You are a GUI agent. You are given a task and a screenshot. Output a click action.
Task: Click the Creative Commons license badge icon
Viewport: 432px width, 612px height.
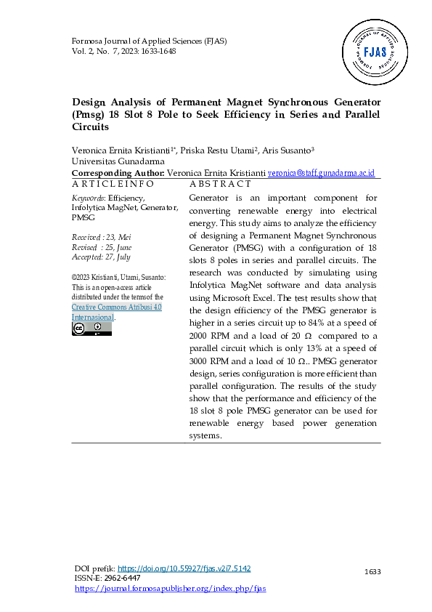91,329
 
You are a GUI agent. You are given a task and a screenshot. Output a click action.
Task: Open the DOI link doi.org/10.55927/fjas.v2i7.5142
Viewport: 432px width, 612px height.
184,568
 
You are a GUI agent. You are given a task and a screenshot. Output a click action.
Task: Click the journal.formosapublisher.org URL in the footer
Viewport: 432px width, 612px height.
171,588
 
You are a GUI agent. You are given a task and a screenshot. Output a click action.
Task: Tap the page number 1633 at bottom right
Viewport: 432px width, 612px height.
372,572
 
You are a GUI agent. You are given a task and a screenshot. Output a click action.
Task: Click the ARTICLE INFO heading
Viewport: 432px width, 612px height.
113,184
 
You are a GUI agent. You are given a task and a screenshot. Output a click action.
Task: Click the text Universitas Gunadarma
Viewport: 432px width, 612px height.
118,161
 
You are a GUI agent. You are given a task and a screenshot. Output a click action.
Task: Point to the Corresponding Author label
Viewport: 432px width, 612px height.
118,174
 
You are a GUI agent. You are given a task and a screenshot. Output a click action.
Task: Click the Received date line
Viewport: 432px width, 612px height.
101,238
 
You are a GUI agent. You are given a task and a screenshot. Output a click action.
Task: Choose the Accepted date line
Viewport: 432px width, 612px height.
101,257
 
